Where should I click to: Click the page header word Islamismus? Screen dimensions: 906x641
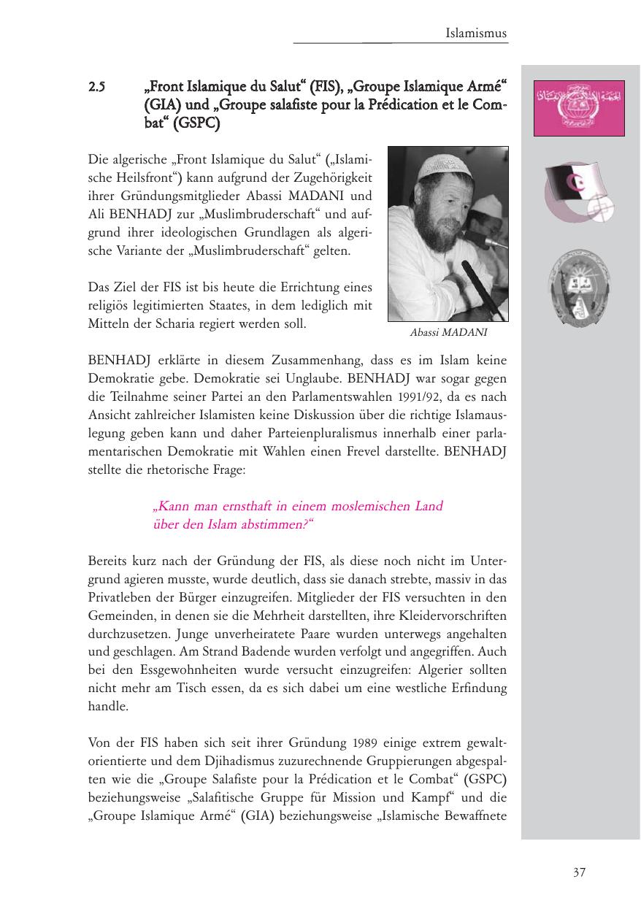point(476,33)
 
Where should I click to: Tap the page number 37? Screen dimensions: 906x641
point(579,872)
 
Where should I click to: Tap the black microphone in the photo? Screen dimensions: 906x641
point(475,282)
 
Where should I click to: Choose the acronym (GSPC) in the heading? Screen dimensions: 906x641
point(197,123)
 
